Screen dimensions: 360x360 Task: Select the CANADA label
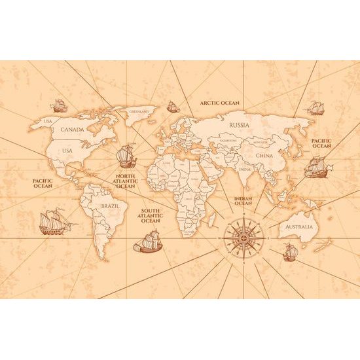click(x=73, y=129)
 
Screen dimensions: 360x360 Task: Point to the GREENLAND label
click(x=139, y=112)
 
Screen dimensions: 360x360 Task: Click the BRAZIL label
click(x=109, y=207)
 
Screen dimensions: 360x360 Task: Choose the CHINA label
click(x=264, y=156)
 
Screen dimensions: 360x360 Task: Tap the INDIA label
click(x=245, y=170)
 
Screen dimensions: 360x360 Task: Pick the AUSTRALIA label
click(x=298, y=227)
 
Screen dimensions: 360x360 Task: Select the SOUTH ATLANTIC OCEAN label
click(x=150, y=216)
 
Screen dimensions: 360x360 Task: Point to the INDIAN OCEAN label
click(x=243, y=199)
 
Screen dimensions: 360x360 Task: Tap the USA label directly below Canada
click(x=67, y=151)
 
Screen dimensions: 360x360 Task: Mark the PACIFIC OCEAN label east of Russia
click(x=321, y=143)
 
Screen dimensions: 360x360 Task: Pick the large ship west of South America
click(x=54, y=222)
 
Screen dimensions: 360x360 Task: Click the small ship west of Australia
click(x=290, y=251)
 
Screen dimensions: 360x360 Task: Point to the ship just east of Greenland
click(x=173, y=105)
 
